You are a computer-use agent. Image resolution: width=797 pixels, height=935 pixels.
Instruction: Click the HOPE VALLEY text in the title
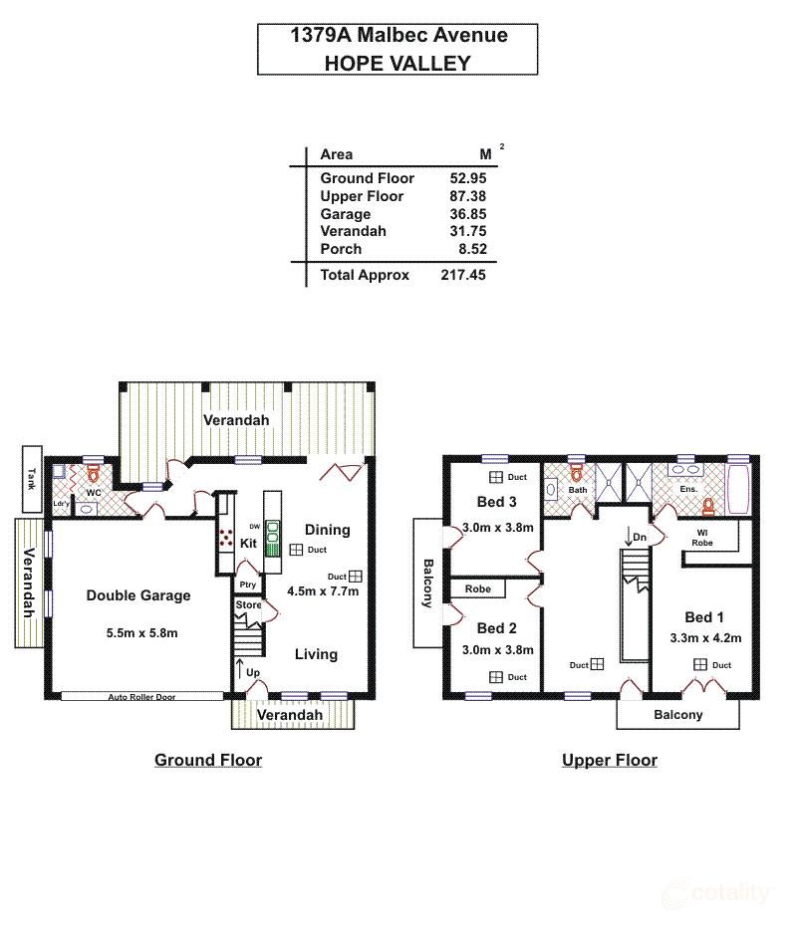click(x=398, y=62)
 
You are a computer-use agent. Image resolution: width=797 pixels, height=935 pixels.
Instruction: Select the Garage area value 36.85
click(x=467, y=214)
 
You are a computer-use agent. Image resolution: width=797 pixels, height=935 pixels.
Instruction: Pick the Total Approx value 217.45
click(x=463, y=275)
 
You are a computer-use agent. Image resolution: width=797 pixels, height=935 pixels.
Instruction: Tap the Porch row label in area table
click(x=340, y=249)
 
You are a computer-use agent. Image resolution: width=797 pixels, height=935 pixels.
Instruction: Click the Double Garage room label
click(x=138, y=595)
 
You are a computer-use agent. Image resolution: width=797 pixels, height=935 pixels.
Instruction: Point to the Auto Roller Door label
click(x=141, y=697)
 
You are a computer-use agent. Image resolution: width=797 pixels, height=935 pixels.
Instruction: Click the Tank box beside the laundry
click(x=31, y=478)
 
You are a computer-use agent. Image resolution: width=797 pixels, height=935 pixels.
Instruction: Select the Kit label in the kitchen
click(x=248, y=544)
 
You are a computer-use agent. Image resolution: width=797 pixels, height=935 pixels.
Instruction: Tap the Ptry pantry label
click(x=248, y=584)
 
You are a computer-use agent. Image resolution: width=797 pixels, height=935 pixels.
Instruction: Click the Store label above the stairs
click(x=248, y=605)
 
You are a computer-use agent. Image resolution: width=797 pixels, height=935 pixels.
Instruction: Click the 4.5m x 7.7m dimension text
click(x=322, y=590)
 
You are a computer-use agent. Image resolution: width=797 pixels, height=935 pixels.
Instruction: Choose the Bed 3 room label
click(x=496, y=502)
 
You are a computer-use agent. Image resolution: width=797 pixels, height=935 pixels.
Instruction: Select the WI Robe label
click(x=702, y=539)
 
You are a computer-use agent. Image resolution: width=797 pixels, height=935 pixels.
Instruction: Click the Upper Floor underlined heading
click(x=610, y=761)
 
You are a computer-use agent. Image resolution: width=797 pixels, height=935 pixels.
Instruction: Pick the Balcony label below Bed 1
click(x=678, y=715)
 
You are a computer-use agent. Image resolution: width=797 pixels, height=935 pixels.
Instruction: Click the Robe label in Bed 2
click(x=477, y=589)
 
